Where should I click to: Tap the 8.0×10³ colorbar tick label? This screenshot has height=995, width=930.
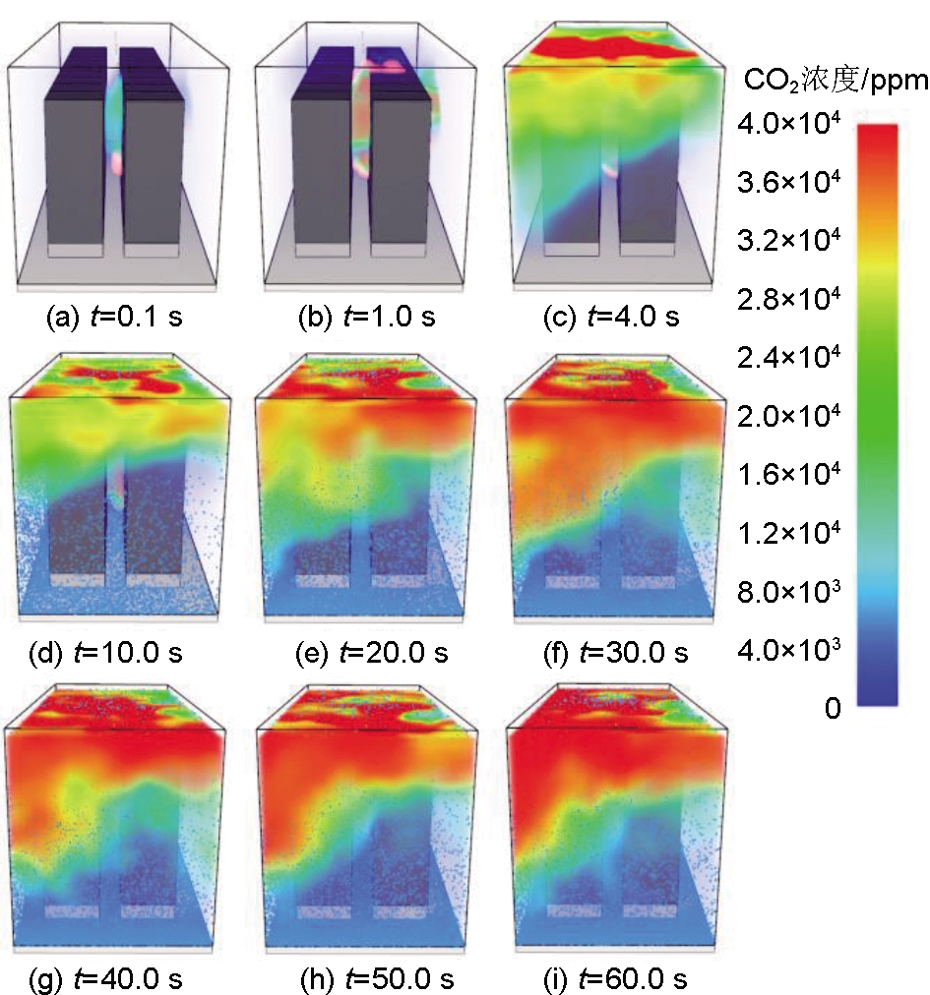click(787, 590)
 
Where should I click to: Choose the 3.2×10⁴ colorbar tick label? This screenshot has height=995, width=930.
click(787, 240)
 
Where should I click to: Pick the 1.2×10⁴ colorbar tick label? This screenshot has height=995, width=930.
click(787, 532)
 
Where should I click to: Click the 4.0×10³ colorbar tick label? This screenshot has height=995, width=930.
click(787, 649)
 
